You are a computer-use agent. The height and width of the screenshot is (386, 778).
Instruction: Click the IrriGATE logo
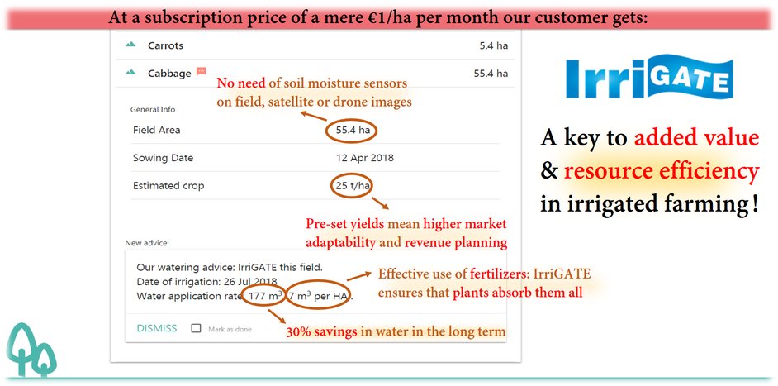648,79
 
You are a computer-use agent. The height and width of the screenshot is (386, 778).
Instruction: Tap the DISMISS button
156,328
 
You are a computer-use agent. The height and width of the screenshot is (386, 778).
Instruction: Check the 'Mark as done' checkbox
196,328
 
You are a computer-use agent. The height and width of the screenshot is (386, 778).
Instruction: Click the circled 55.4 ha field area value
353,131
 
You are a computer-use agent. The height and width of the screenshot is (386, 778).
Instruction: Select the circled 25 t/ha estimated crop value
353,186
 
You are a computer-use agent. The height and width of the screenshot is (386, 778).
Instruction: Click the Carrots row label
165,45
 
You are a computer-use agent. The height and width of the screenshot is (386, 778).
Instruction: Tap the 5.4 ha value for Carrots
493,45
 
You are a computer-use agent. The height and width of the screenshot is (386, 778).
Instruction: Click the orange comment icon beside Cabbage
202,73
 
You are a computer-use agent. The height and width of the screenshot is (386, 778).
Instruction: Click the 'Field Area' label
156,131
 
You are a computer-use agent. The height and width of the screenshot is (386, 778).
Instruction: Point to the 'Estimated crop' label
168,186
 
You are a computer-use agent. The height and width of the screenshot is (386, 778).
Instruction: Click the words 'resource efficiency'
661,171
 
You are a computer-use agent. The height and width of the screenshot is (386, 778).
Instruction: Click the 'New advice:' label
147,243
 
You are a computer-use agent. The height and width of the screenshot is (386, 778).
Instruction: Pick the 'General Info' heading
153,109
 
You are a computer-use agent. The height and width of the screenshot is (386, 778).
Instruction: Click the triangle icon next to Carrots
130,45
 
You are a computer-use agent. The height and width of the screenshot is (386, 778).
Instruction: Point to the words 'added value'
696,138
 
